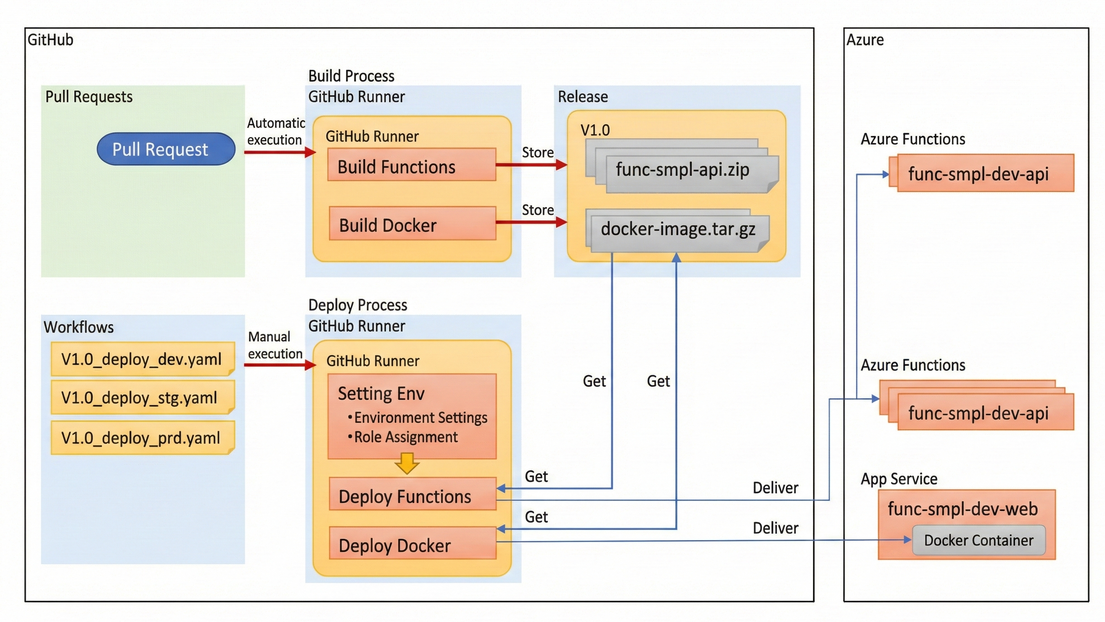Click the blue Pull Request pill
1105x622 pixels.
166,149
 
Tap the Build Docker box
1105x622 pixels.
412,224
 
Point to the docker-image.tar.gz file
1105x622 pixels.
678,229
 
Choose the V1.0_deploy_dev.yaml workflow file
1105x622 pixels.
142,360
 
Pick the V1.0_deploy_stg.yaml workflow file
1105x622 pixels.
140,398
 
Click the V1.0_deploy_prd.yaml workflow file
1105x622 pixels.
141,438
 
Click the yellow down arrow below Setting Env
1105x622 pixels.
407,464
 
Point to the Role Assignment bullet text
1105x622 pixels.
405,437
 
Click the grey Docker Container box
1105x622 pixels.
978,540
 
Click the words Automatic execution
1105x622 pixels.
275,131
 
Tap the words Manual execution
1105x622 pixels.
274,346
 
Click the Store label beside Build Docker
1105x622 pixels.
537,210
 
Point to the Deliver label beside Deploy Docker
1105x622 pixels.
775,528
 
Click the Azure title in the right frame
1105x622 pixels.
864,40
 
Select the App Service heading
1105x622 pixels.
898,479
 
